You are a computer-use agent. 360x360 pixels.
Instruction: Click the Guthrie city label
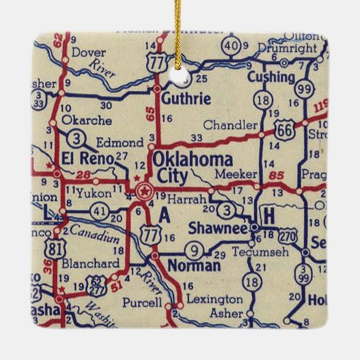[185, 98]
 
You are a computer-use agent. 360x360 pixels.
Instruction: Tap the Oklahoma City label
[192, 168]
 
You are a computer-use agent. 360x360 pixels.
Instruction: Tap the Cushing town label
[271, 77]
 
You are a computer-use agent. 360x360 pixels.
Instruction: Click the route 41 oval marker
[100, 211]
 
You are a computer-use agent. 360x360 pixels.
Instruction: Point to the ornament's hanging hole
[179, 78]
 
